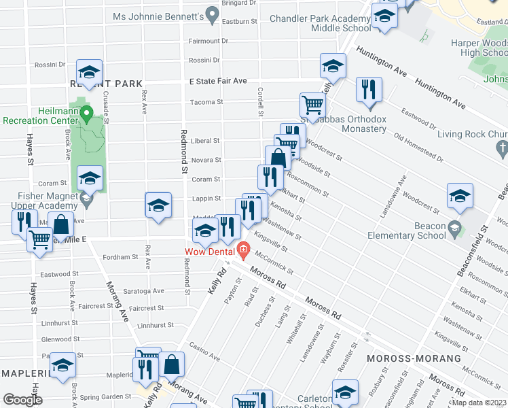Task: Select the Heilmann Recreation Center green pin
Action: (x=87, y=114)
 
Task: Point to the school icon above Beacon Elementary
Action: (x=460, y=196)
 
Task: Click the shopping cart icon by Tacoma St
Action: (x=312, y=105)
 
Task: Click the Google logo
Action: (x=22, y=400)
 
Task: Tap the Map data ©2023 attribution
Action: (x=478, y=403)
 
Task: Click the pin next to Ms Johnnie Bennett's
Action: (x=212, y=14)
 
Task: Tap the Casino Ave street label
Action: (x=204, y=352)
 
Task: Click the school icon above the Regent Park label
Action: (x=89, y=71)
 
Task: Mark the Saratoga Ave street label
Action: (x=148, y=291)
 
